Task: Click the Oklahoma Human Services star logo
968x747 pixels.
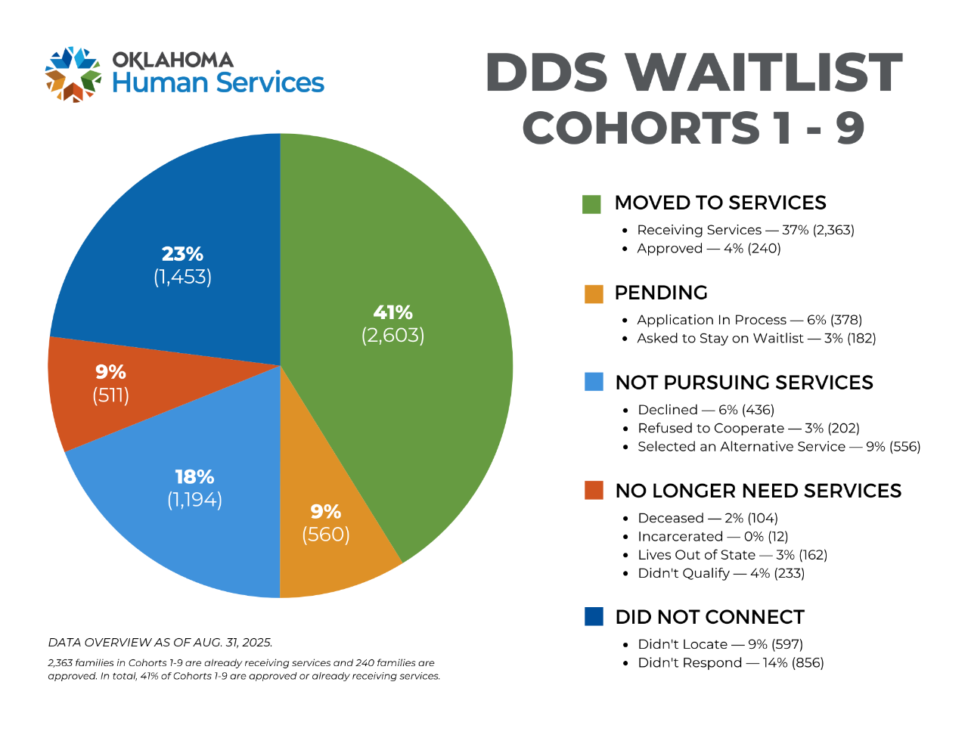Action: [73, 74]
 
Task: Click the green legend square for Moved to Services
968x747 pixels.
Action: [591, 204]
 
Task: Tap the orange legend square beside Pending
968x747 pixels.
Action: [594, 294]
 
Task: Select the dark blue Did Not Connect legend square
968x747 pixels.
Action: [594, 617]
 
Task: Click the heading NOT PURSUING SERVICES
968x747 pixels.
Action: [744, 383]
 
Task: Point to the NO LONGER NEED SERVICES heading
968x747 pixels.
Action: [758, 491]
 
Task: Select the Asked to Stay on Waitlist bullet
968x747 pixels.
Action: [756, 338]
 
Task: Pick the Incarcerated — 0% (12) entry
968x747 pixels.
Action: [712, 536]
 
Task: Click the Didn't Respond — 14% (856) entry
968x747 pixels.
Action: [731, 662]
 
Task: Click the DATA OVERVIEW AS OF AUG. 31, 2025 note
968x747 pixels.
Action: [160, 643]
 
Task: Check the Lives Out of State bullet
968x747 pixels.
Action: [732, 554]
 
